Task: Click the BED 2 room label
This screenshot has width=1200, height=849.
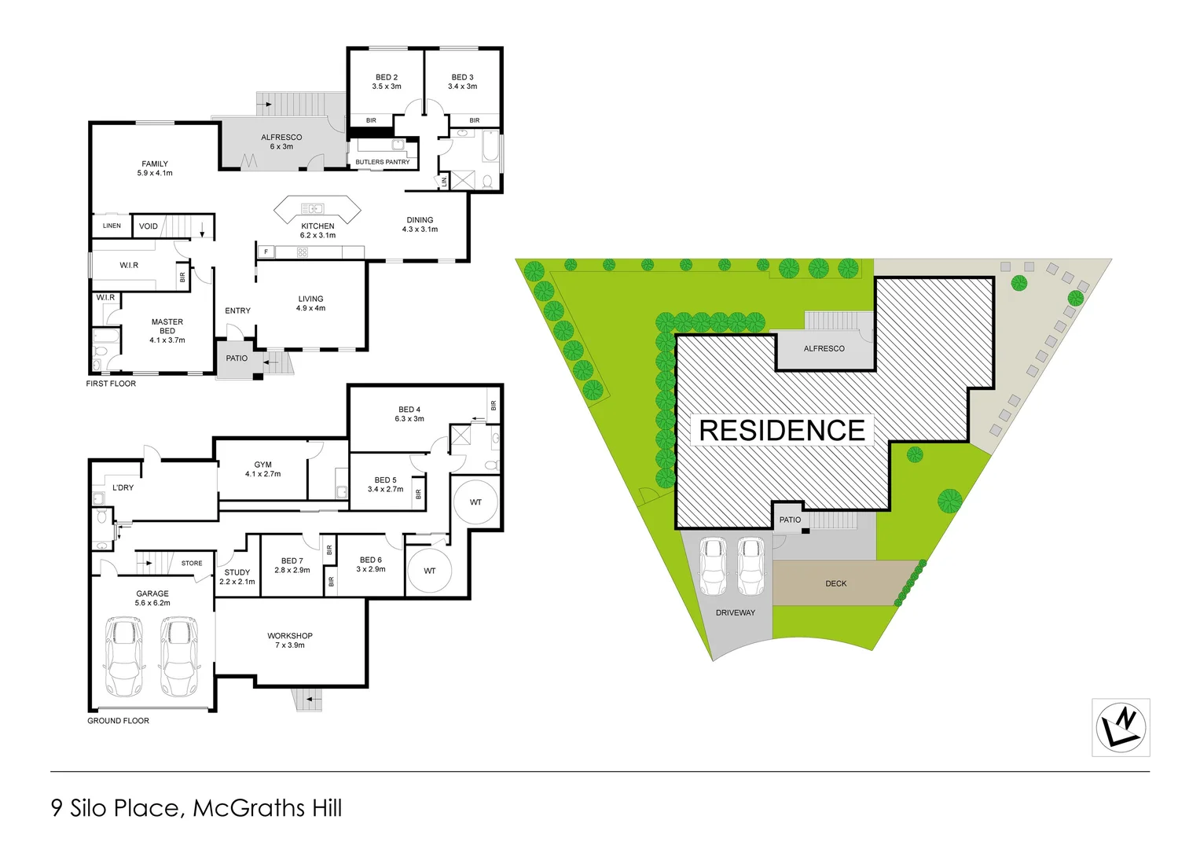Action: [386, 82]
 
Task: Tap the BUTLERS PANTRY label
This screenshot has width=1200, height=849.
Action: [382, 162]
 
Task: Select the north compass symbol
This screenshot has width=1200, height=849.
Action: [1121, 727]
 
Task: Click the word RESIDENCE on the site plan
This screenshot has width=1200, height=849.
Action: [782, 431]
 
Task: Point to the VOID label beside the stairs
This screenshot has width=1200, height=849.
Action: [149, 226]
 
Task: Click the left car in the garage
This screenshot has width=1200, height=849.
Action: [124, 656]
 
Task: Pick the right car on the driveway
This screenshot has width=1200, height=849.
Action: [750, 566]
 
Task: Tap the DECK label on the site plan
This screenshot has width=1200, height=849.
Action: [836, 584]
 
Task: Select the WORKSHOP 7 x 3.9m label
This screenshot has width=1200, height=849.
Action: [290, 641]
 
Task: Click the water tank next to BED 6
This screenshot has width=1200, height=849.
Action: [429, 571]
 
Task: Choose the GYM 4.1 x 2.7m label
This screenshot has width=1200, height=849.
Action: [262, 469]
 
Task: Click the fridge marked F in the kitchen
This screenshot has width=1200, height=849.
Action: [266, 252]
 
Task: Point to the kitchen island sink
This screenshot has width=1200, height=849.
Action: [313, 209]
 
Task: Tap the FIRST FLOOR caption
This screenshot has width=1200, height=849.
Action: [111, 384]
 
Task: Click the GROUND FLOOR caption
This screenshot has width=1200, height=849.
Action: [118, 721]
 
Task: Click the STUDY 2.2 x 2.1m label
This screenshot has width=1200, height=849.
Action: [237, 577]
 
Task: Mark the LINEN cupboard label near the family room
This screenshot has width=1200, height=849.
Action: [112, 226]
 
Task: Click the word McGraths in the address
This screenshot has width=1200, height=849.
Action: [250, 808]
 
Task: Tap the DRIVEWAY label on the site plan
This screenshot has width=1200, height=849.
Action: [735, 613]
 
